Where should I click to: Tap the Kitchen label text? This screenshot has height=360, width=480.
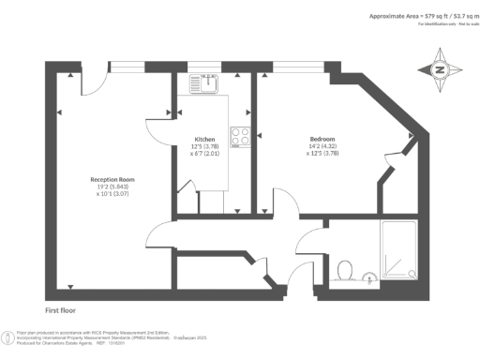(204, 138)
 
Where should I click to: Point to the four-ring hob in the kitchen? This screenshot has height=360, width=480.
(239, 137)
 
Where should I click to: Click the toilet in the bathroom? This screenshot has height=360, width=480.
(343, 271)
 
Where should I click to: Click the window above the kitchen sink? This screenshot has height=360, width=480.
(204, 65)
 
